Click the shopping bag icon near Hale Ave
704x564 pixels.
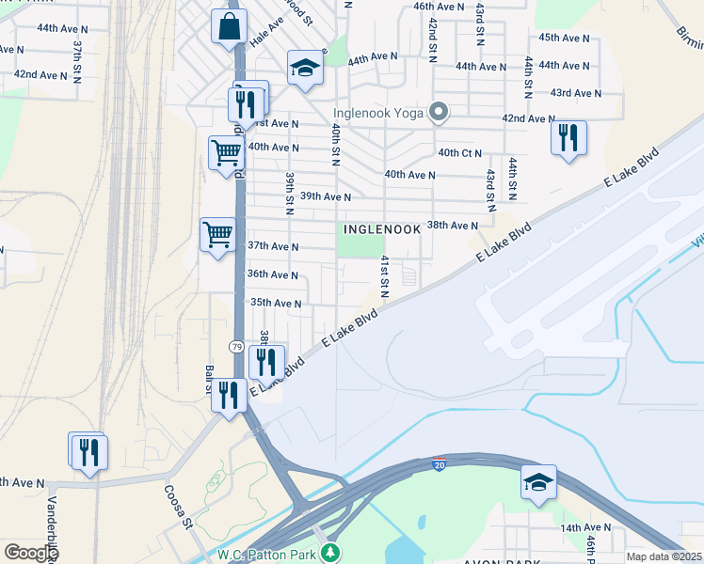(229, 28)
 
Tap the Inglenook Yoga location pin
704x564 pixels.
(438, 113)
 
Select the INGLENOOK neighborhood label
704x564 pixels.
(380, 228)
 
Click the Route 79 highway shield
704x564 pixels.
(236, 348)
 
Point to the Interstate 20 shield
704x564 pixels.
(439, 464)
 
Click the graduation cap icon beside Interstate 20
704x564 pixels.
(538, 483)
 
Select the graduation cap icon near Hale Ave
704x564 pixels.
(305, 68)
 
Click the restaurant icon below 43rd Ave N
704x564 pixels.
(568, 137)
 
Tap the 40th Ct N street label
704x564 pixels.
(459, 153)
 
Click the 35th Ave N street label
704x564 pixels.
(275, 304)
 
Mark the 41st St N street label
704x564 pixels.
(384, 275)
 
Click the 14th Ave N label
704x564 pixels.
(586, 528)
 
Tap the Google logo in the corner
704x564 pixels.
(30, 553)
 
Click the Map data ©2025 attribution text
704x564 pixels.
(664, 556)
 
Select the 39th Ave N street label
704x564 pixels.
(325, 197)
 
